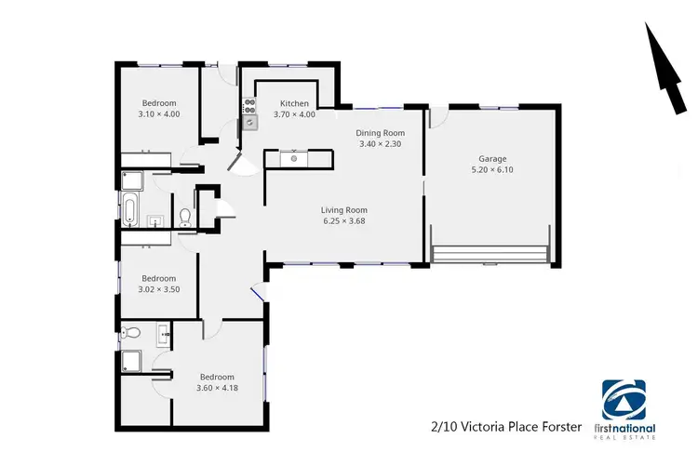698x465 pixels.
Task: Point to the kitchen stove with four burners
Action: click(249, 105)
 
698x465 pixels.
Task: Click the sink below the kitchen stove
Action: click(249, 122)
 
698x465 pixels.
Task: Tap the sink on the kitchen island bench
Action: click(293, 159)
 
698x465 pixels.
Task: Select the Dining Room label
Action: click(380, 133)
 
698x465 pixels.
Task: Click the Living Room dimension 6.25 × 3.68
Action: click(344, 222)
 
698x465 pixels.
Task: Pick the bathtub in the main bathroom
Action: click(130, 206)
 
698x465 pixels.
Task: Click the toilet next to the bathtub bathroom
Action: click(185, 217)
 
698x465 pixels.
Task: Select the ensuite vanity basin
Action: click(165, 332)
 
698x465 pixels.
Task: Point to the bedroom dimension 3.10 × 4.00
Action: click(159, 114)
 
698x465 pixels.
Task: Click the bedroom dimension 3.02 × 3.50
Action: click(158, 289)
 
